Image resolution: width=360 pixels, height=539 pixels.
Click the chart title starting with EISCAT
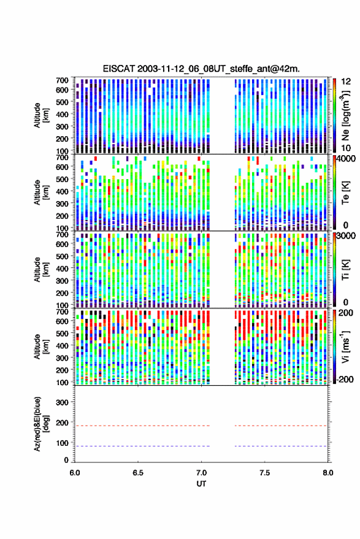201,69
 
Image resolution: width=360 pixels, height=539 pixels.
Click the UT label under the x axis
201,484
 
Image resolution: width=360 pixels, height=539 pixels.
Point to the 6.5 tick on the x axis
138,473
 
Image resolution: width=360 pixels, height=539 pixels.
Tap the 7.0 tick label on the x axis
201,473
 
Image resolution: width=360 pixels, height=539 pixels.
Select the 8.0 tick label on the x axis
327,473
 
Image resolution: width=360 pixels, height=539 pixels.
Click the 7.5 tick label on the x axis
264,473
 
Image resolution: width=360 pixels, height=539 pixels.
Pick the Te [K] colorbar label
345,193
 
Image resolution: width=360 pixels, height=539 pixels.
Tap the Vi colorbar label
345,347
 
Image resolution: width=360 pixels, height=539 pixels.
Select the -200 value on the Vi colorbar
344,379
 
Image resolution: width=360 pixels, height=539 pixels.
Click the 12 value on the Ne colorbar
346,82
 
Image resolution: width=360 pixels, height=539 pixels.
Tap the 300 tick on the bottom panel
62,402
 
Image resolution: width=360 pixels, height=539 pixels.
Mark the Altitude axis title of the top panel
41,115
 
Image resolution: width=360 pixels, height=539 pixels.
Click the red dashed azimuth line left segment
142,426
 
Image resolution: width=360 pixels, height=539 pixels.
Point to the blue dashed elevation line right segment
281,446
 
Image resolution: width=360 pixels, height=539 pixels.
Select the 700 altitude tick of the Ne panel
62,80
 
